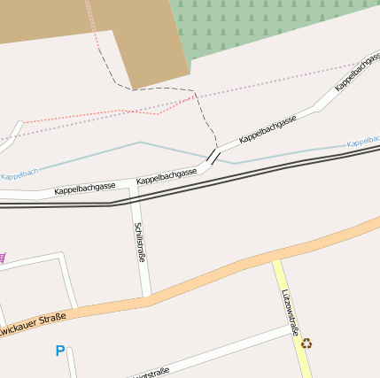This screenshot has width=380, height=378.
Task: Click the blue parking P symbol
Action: pyautogui.click(x=60, y=351)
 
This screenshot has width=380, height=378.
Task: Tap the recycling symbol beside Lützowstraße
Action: pyautogui.click(x=306, y=343)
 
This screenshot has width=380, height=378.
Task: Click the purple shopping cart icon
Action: pyautogui.click(x=3, y=258)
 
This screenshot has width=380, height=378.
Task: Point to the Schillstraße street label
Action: pyautogui.click(x=140, y=242)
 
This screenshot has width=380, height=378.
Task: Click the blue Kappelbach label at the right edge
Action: pyautogui.click(x=363, y=142)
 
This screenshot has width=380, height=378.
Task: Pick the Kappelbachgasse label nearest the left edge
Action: pyautogui.click(x=85, y=189)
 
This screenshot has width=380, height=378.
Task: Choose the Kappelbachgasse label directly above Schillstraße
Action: pyautogui.click(x=167, y=175)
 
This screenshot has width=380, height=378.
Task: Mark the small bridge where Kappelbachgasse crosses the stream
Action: pyautogui.click(x=213, y=157)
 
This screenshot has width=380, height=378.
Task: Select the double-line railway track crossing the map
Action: pyautogui.click(x=266, y=168)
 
